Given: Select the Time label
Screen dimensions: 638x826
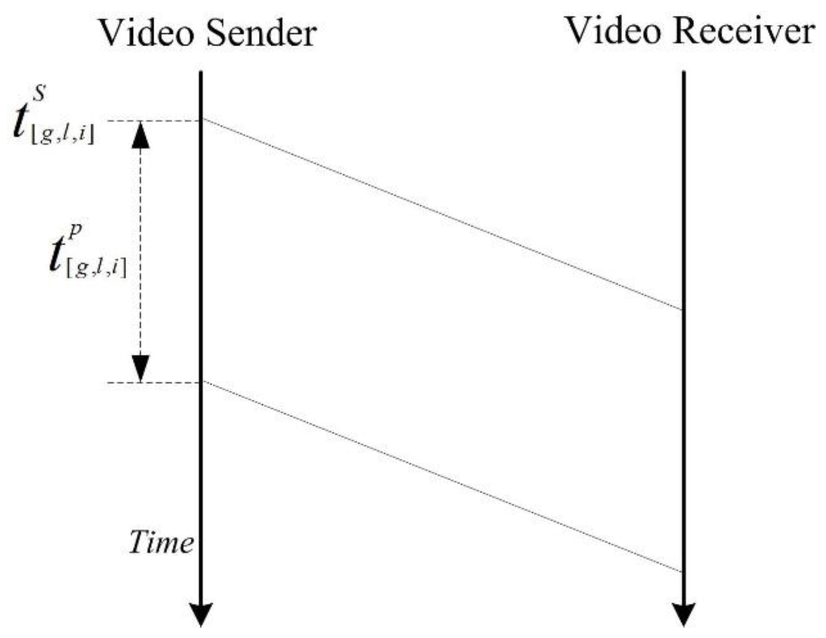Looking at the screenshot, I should [161, 542].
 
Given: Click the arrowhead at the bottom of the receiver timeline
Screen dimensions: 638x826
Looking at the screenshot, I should [683, 614].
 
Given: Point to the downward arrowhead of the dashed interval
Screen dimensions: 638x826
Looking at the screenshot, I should [141, 369].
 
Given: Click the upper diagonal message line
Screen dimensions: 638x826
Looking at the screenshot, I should [442, 215].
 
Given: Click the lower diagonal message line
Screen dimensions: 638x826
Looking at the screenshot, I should [442, 476].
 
